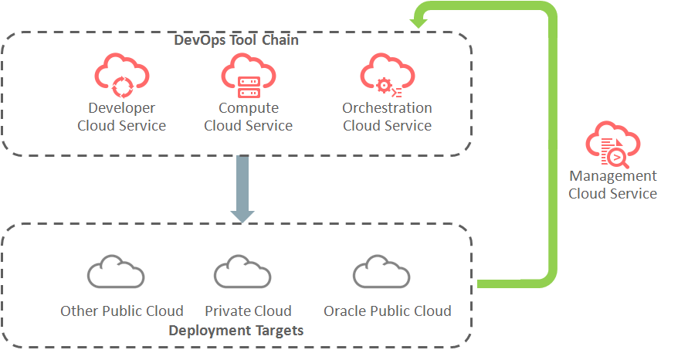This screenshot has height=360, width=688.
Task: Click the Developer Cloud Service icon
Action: coord(121,75)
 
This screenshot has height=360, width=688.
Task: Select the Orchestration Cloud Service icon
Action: coord(387,75)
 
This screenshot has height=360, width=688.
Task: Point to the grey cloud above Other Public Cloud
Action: coord(116,272)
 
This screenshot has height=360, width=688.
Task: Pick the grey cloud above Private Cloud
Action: coord(242,272)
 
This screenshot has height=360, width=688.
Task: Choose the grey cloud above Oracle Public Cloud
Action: coord(381,272)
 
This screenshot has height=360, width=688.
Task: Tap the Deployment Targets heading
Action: coord(236,331)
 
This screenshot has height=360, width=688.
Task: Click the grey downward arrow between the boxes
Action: coord(242,188)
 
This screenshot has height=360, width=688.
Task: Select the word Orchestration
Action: coord(387,108)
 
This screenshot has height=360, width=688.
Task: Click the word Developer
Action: coord(121,108)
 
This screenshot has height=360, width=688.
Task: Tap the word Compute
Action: coord(248,108)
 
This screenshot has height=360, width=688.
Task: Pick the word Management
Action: coord(612,176)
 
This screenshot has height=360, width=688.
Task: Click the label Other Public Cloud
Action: coord(122,311)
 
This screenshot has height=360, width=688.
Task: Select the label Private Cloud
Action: coord(248,311)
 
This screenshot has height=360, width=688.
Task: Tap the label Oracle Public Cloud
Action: coord(387,311)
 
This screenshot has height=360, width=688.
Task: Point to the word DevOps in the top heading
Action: coord(196,40)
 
